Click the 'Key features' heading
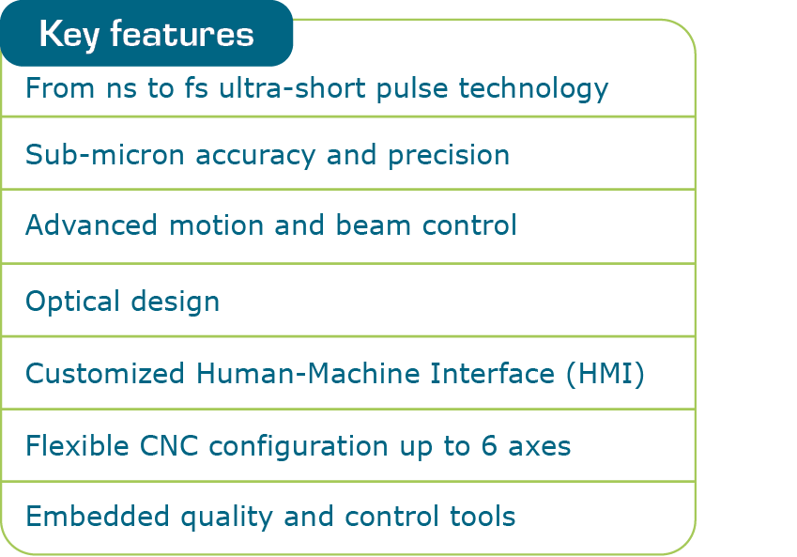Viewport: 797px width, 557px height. [146, 35]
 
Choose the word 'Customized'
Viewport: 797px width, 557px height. [104, 374]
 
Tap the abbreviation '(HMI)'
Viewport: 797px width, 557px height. [605, 374]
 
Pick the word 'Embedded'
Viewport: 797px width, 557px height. [83, 517]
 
